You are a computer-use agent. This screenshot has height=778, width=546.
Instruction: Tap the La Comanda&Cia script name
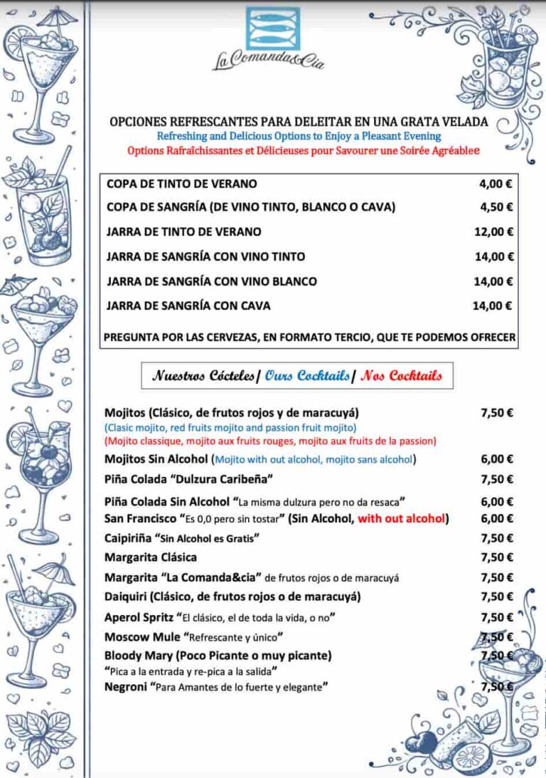[269, 61]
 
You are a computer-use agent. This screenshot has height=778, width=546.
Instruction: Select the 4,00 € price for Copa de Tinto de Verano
[496, 184]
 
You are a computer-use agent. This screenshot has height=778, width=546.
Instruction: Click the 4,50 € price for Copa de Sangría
[496, 207]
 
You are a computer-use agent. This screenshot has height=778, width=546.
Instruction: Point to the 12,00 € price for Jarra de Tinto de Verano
[494, 232]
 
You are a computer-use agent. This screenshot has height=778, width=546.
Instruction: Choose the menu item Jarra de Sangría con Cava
[188, 306]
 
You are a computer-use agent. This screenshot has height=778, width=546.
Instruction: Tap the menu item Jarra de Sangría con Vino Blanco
[212, 281]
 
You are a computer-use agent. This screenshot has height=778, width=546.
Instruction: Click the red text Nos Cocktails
[401, 375]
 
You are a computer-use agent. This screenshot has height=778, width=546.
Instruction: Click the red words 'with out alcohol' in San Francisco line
[402, 518]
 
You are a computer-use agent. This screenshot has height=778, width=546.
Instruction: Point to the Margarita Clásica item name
[151, 557]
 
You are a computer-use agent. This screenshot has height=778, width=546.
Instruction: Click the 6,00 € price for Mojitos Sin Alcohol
[497, 459]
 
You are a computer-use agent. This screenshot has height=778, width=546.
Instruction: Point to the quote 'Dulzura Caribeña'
[228, 478]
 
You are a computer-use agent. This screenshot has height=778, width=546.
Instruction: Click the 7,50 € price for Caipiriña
[497, 537]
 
